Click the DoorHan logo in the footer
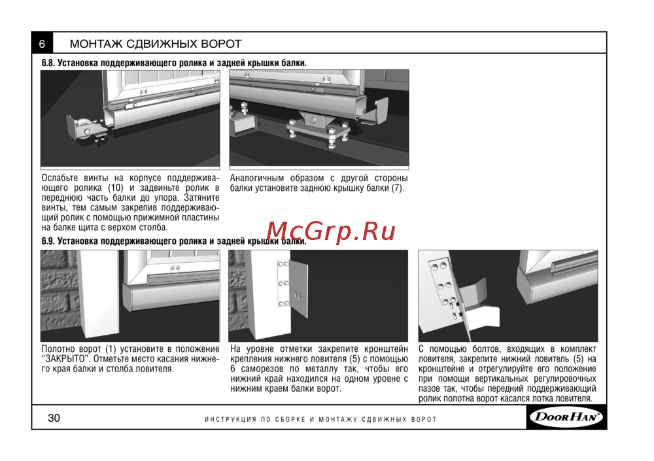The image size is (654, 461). click(566, 417)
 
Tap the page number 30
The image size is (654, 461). click(54, 418)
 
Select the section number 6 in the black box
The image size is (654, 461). click(42, 44)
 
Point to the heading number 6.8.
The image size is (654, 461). click(48, 63)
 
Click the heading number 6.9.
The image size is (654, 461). click(48, 241)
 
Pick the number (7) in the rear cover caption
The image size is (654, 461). click(398, 188)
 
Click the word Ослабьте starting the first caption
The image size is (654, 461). click(60, 178)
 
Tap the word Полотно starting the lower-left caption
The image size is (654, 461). click(60, 349)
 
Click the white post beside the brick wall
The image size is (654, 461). click(99, 296)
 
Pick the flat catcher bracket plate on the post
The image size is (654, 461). click(298, 289)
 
